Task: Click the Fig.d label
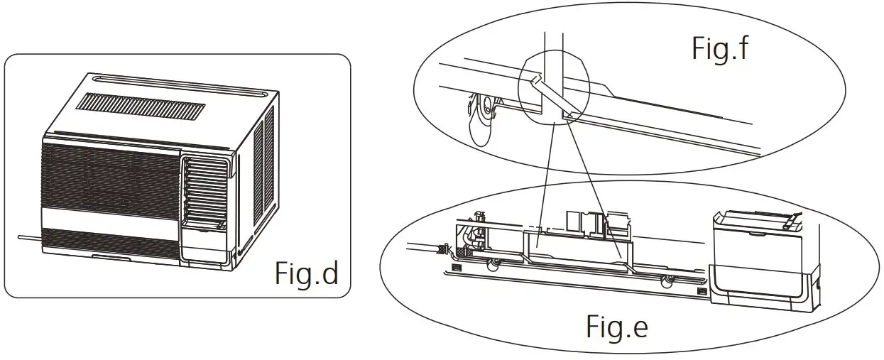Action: pos(307,273)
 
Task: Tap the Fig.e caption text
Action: pos(617,327)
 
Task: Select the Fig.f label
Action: pos(721,50)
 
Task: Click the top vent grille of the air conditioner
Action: pos(141,109)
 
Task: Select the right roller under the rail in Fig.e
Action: pos(667,281)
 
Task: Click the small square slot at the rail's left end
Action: pos(455,268)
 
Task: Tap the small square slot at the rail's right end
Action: pos(702,292)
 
